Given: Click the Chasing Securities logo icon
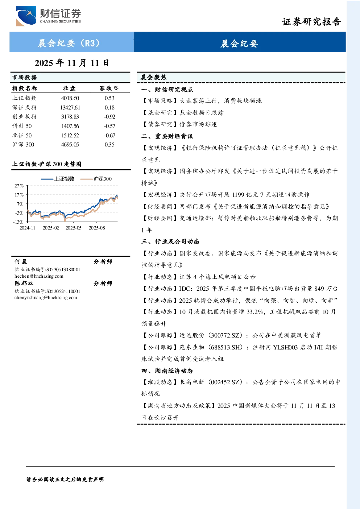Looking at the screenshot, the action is [26, 16].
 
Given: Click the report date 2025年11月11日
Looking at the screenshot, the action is [72, 63].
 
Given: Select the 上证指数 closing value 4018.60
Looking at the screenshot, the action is [70, 98].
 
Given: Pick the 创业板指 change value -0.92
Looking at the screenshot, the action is [109, 117].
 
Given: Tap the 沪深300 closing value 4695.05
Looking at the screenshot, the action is [70, 145].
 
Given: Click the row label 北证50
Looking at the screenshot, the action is [22, 136].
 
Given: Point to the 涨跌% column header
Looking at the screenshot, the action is [109, 88].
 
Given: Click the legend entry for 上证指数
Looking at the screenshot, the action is [58, 179].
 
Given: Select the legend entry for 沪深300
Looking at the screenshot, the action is [96, 179].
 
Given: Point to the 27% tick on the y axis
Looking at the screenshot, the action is [19, 186].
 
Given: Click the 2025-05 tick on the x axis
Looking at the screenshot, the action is [73, 228].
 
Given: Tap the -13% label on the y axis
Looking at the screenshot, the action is [18, 222].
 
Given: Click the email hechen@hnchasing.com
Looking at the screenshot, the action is [39, 276].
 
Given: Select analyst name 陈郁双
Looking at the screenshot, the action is [24, 284].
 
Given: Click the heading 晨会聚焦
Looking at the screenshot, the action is [153, 78].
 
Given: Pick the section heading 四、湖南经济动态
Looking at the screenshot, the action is [167, 371].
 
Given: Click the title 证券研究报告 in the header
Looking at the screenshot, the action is [311, 22].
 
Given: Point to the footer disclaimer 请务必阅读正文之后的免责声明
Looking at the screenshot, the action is [65, 480].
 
